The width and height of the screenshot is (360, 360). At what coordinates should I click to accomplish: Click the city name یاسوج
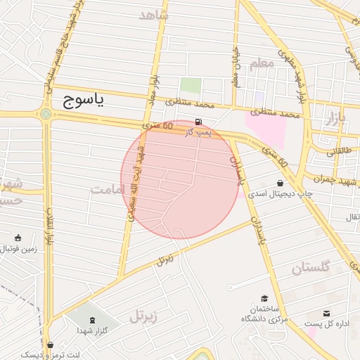point(83,100)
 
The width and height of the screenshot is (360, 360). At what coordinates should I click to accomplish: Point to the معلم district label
point(261,63)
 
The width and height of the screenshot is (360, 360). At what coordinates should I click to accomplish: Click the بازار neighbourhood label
point(336,119)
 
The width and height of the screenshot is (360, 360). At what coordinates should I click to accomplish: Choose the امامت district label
point(108,189)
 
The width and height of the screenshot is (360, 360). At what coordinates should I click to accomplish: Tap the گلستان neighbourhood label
point(310,268)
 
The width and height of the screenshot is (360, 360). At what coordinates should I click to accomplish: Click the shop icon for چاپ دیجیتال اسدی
point(281,184)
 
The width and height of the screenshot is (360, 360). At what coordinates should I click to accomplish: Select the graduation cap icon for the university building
point(264,299)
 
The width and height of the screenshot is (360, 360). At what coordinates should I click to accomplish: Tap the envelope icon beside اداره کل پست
point(326,314)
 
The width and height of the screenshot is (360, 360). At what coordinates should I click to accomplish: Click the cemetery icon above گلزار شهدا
point(93,320)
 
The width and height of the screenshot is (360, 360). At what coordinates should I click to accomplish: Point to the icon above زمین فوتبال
point(17,238)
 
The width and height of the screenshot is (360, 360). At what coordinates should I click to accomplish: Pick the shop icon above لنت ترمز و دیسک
point(51,345)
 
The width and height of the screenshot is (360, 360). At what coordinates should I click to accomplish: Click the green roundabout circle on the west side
point(46,113)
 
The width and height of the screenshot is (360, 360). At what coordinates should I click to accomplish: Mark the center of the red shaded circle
point(180,180)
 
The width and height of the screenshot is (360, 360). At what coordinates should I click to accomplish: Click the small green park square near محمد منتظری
point(190,86)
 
